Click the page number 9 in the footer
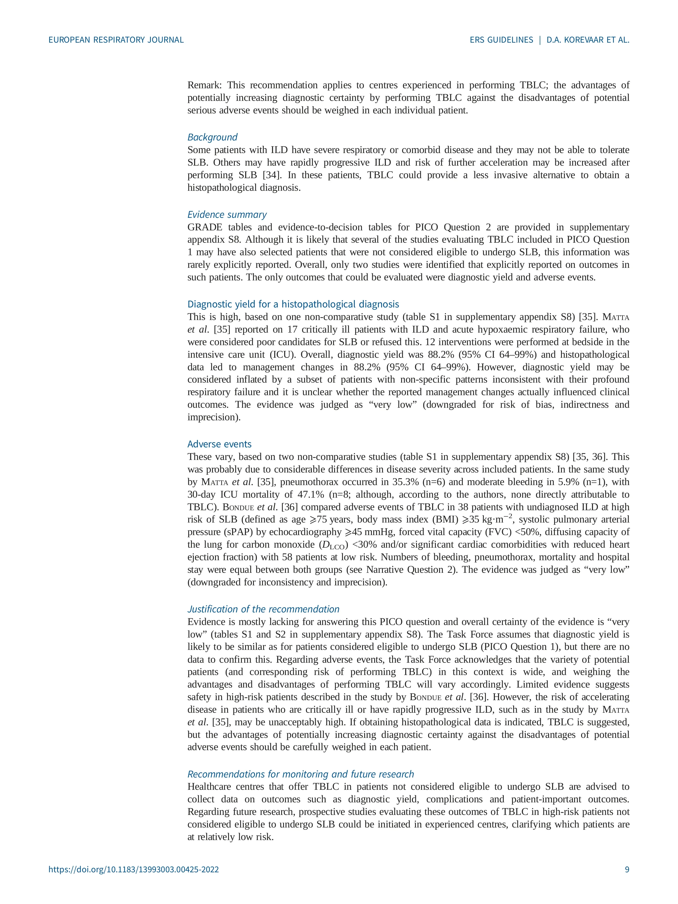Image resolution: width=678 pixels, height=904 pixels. (x=627, y=881)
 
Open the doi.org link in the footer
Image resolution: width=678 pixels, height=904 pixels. (x=134, y=881)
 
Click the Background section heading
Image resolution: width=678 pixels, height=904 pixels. (x=212, y=137)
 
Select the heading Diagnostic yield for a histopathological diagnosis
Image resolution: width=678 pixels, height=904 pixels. (x=293, y=304)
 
